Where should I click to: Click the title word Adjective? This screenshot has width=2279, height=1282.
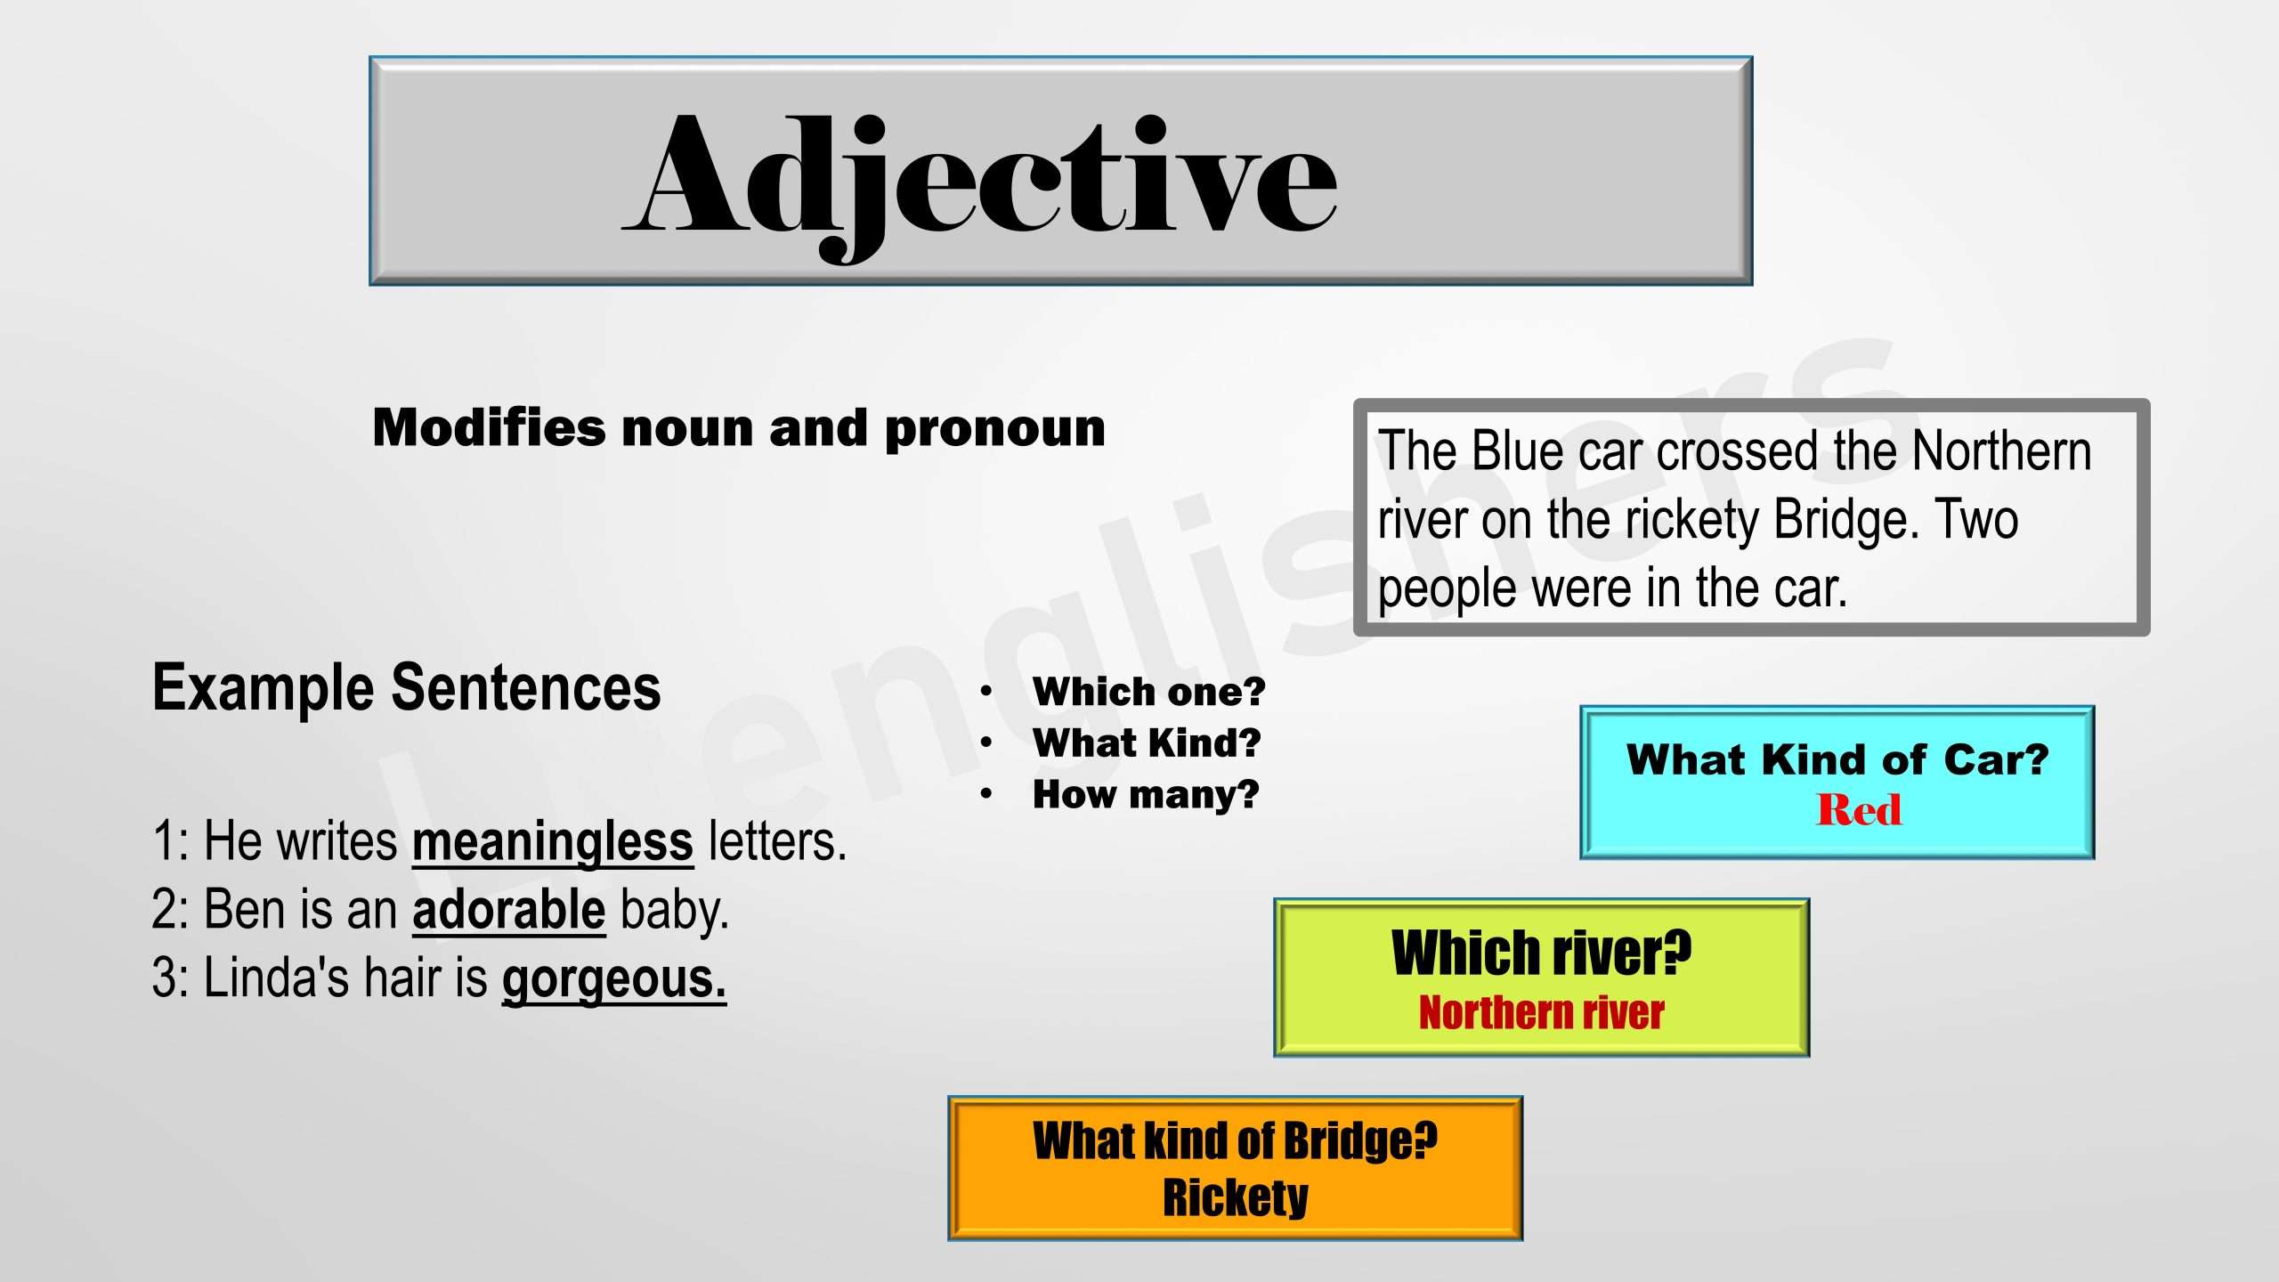[979, 178]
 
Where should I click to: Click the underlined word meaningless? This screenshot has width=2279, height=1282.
[552, 841]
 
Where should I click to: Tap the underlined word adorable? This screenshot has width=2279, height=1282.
[508, 910]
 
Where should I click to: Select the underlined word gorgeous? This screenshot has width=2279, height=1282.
[613, 978]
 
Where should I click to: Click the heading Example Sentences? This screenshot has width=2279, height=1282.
[406, 687]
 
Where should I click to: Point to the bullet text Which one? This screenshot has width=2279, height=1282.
[1148, 692]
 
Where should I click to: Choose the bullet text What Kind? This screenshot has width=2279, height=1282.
[1147, 742]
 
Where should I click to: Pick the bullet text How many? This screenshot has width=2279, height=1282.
[1146, 794]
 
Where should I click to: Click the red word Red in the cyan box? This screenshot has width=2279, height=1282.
[1859, 810]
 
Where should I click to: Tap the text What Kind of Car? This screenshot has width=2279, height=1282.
[1837, 759]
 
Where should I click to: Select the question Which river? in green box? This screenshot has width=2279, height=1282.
[1541, 953]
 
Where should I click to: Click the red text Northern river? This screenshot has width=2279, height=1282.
[1541, 1013]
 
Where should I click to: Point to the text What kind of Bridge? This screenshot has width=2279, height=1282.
[1235, 1140]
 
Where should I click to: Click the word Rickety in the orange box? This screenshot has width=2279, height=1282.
[1236, 1197]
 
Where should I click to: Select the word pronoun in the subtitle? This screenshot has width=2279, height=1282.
[994, 428]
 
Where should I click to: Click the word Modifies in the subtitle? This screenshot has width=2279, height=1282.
[489, 428]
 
